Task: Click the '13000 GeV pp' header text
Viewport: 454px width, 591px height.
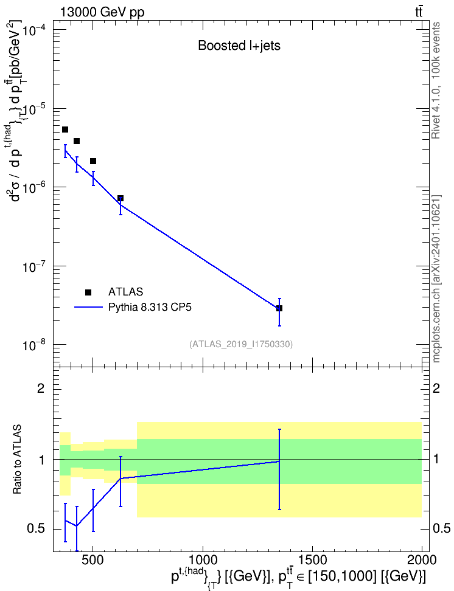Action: [102, 13]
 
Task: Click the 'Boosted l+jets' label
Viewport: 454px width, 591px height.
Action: [239, 46]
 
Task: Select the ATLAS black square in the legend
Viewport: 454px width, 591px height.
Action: [88, 292]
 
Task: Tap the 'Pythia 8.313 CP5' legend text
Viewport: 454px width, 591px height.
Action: [150, 307]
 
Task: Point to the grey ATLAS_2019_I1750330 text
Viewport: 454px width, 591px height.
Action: [241, 344]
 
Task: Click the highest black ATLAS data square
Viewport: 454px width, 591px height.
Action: [65, 130]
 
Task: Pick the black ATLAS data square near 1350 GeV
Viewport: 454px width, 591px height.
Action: [279, 308]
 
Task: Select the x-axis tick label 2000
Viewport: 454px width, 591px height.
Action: [422, 560]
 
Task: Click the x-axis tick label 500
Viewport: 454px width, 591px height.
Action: [93, 560]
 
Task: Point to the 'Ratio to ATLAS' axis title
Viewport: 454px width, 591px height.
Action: [17, 460]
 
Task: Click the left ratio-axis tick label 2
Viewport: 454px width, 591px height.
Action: [41, 388]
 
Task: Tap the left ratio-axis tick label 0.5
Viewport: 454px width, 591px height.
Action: [37, 529]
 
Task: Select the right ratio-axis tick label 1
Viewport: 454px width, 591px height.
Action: [436, 460]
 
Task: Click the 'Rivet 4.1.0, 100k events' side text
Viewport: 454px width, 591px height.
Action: [436, 80]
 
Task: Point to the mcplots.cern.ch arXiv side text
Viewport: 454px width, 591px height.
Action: [436, 278]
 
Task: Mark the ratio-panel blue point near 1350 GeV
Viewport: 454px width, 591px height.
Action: [279, 461]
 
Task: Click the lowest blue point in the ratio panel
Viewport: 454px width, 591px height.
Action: [77, 526]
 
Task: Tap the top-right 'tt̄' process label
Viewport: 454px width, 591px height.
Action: [419, 12]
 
